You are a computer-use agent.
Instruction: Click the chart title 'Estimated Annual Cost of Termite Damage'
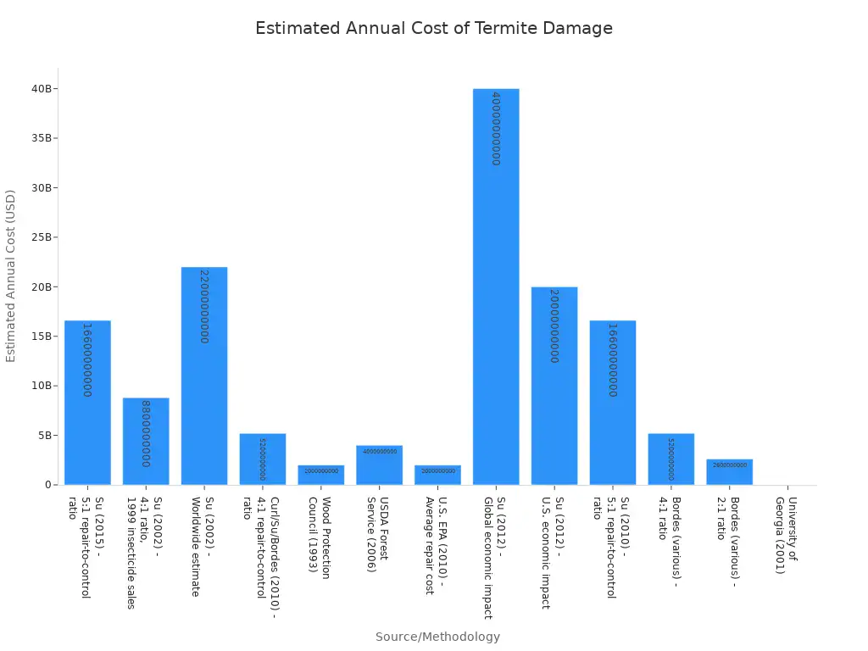pos(433,29)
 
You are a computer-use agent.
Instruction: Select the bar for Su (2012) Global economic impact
pos(496,288)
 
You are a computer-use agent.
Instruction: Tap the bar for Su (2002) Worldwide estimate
pos(204,376)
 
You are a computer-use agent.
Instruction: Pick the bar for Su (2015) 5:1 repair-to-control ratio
pos(87,403)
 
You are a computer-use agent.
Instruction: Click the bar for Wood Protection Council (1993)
pos(321,475)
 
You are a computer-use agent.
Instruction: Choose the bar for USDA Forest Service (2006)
pos(379,465)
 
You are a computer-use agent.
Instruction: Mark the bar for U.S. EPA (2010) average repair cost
pos(437,475)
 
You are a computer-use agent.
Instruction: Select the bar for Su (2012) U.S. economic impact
pos(554,386)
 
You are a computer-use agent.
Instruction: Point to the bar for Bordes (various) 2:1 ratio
pos(729,472)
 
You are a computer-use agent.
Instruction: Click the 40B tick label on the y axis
pos(42,89)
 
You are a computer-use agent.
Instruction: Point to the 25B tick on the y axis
pos(42,237)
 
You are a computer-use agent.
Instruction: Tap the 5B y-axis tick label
pos(44,436)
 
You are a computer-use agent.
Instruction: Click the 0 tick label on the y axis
pos(48,485)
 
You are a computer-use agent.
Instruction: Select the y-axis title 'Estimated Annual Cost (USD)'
pos(11,275)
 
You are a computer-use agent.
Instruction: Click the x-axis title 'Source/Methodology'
pos(437,637)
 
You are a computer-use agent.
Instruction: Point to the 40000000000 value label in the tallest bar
pos(496,128)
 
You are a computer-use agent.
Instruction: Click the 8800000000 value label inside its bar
pos(145,433)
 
